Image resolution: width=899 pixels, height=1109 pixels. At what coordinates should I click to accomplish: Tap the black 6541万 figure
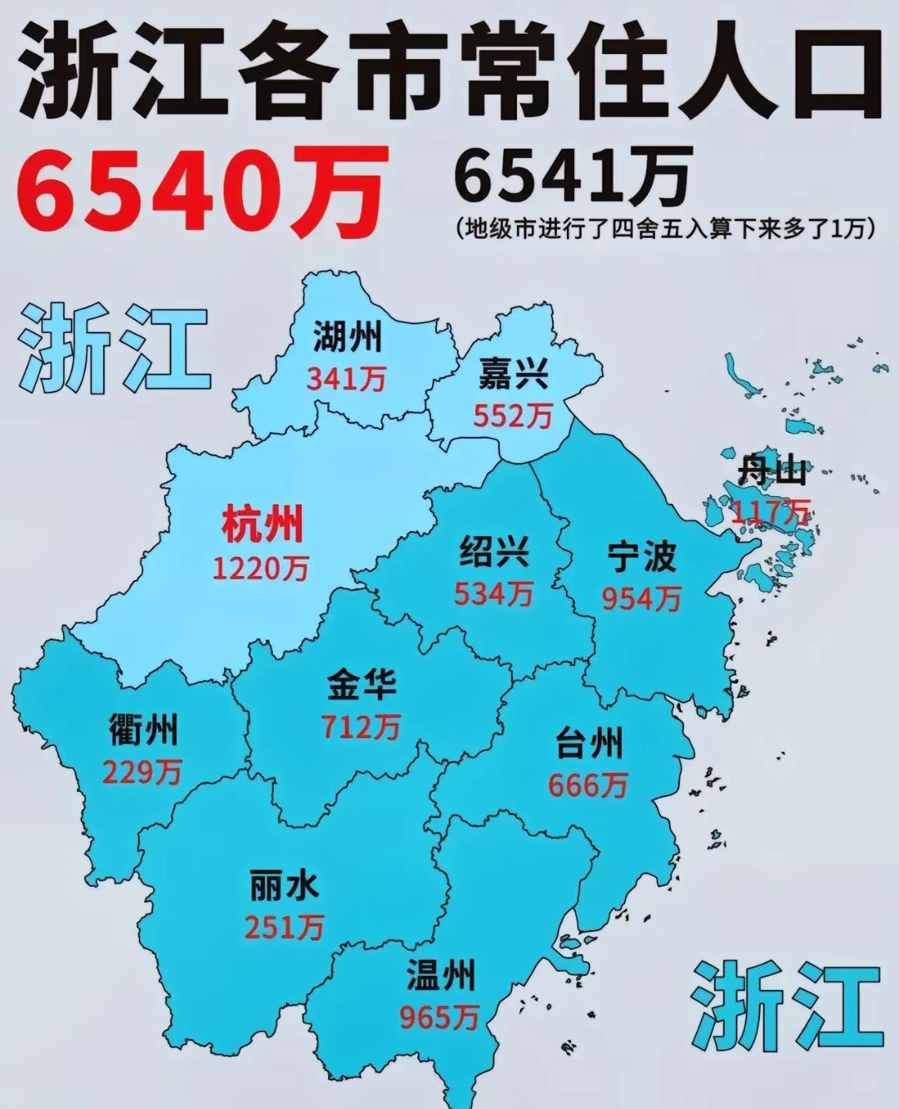coord(574,177)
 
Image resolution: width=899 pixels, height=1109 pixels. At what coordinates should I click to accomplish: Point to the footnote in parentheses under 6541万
coord(666,229)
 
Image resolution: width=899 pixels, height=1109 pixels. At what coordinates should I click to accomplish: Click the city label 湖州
coord(347,338)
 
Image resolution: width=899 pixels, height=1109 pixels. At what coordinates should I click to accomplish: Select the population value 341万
coord(346,380)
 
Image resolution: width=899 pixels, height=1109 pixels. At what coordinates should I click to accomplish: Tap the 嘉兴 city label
coord(513,375)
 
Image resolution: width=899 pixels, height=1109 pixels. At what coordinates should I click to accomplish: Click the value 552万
coord(513,415)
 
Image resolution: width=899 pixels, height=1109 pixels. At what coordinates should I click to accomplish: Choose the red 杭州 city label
coord(262,525)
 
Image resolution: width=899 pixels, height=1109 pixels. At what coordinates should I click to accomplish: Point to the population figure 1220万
coord(261,569)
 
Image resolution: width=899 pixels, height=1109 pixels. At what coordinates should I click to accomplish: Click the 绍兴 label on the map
coord(494,552)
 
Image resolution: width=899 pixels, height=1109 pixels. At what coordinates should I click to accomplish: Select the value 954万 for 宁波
coord(642,598)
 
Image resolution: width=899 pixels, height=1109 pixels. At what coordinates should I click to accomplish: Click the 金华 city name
coord(361,685)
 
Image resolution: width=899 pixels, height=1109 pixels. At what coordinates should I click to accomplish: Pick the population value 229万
coord(142,773)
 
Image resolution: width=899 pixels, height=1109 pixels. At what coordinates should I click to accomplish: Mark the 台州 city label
coord(589,743)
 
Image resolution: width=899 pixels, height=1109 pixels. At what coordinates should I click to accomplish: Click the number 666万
coord(588,785)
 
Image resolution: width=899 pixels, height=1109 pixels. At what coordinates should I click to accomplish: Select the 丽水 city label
coord(284,885)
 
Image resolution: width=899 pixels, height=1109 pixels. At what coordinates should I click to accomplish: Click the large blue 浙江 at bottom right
coord(787,1006)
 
